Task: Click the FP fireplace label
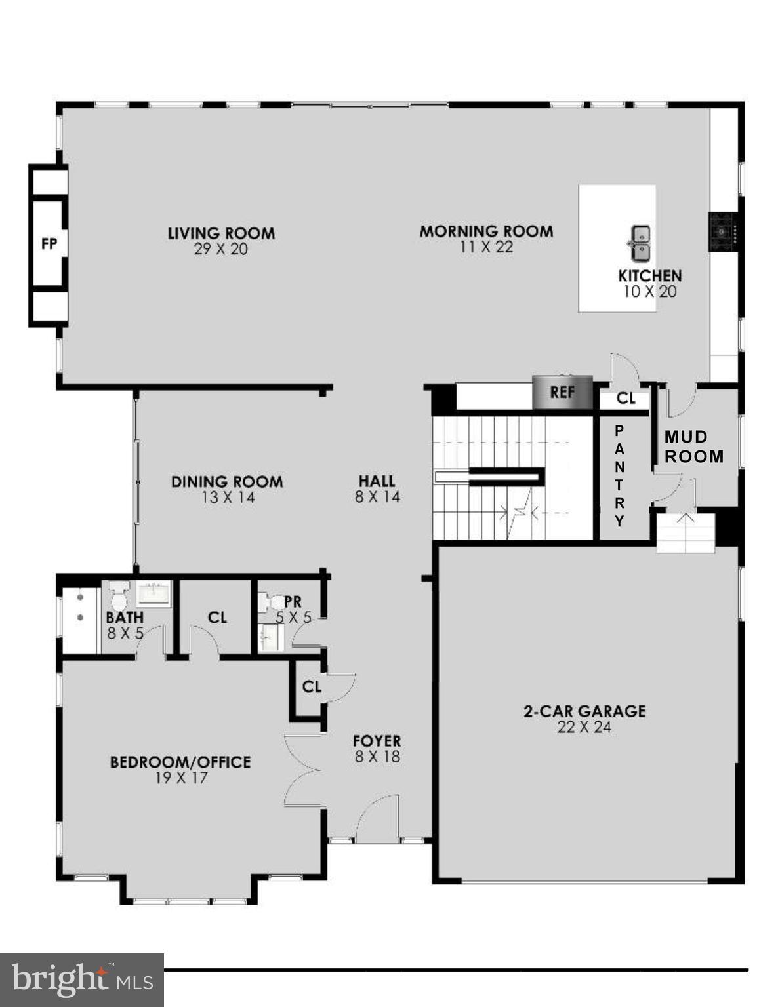pyautogui.click(x=49, y=244)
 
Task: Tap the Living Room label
pyautogui.click(x=221, y=233)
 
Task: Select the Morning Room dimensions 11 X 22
pyautogui.click(x=486, y=247)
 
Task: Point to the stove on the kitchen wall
pyautogui.click(x=724, y=231)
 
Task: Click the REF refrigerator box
pyautogui.click(x=562, y=392)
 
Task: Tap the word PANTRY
pyautogui.click(x=619, y=476)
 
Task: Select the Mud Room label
pyautogui.click(x=694, y=446)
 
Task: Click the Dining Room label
pyautogui.click(x=227, y=482)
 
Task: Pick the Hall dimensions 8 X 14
pyautogui.click(x=377, y=497)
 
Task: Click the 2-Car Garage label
pyautogui.click(x=584, y=711)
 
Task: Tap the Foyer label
pyautogui.click(x=377, y=741)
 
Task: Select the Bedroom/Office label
pyautogui.click(x=180, y=762)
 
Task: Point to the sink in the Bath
pyautogui.click(x=154, y=593)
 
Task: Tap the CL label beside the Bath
pyautogui.click(x=217, y=618)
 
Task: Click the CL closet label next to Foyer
pyautogui.click(x=312, y=686)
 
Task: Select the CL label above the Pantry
pyautogui.click(x=626, y=399)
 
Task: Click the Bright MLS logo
pyautogui.click(x=82, y=980)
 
